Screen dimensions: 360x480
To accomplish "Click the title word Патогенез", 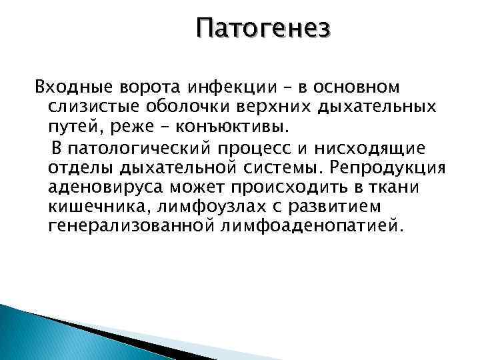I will tap(263, 29).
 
